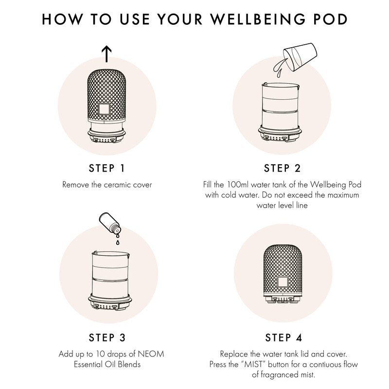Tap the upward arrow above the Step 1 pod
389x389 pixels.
[106, 53]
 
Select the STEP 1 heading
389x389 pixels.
[106, 168]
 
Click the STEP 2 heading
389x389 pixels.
[283, 168]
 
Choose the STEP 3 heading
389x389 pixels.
[106, 337]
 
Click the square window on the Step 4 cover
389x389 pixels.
[282, 281]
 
